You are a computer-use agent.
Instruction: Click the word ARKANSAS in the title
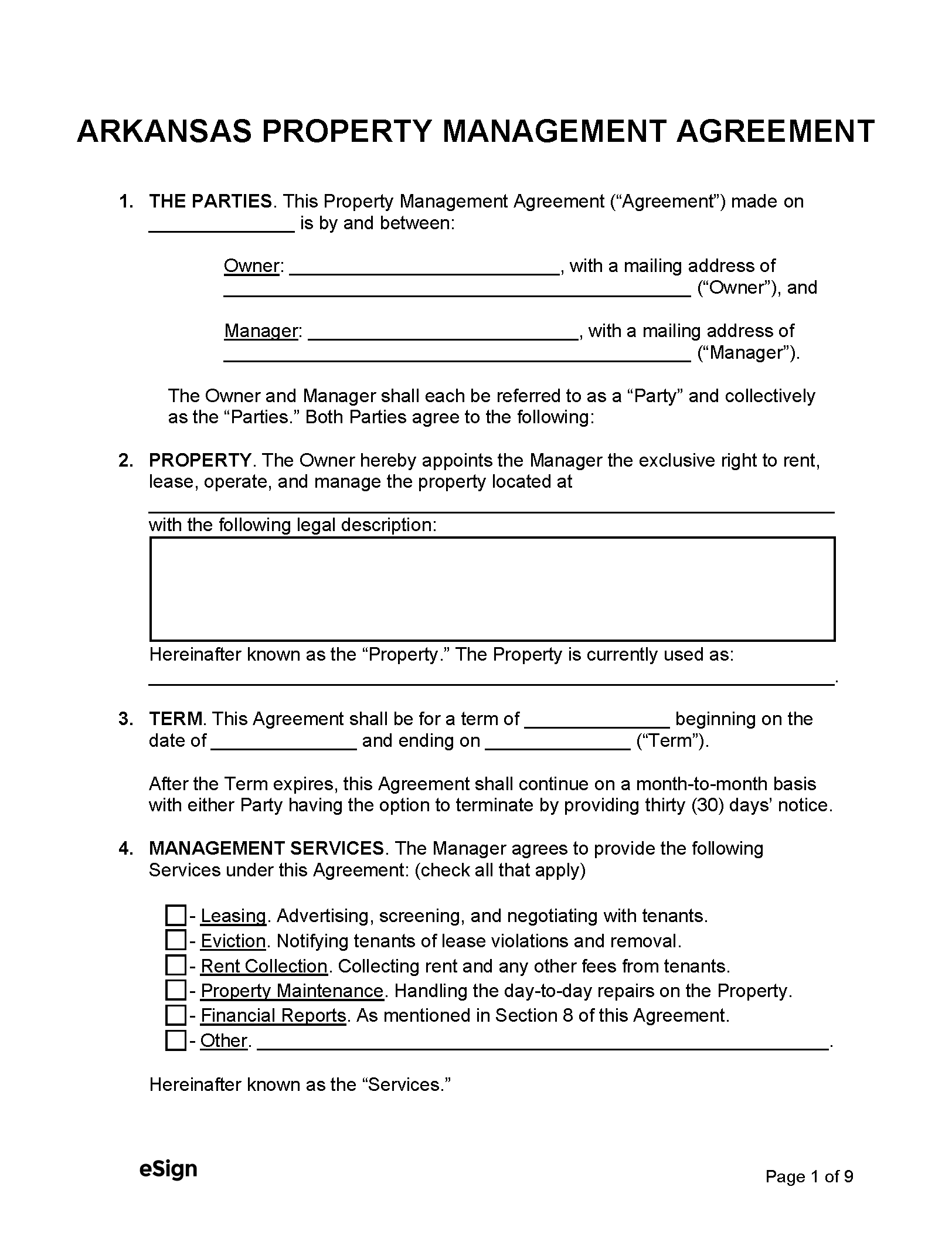click(x=164, y=131)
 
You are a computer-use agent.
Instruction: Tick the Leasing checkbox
click(x=175, y=916)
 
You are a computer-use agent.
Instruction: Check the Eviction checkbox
click(x=175, y=941)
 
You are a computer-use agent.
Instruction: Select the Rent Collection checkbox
click(x=175, y=966)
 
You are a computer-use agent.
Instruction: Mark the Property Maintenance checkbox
click(x=175, y=991)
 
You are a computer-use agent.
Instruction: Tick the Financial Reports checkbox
click(x=175, y=1015)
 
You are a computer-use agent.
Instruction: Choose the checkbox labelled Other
click(x=175, y=1040)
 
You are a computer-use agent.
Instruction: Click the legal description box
click(x=492, y=589)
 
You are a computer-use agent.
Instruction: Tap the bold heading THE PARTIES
click(x=210, y=202)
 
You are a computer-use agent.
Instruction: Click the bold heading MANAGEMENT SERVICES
click(x=267, y=849)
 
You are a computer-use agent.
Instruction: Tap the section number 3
click(x=126, y=719)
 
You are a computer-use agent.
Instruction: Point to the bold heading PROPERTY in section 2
click(x=200, y=461)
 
